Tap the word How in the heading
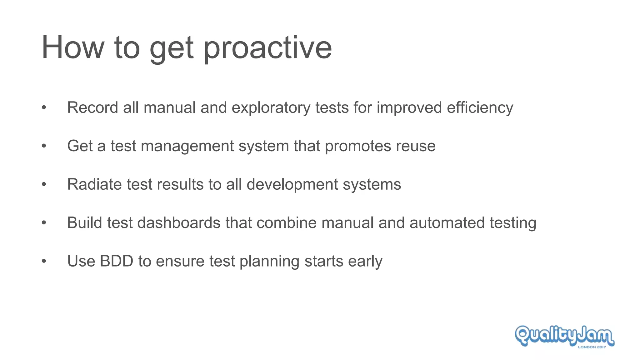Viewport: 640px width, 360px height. [x=73, y=47]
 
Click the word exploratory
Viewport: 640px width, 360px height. [x=271, y=108]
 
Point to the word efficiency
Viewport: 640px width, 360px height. [x=480, y=108]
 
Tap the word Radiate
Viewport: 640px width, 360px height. [x=94, y=184]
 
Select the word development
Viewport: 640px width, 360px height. [x=292, y=184]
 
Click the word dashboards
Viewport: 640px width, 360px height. [x=179, y=223]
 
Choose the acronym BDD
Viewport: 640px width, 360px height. [x=117, y=261]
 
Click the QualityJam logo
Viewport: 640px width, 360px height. [x=564, y=336]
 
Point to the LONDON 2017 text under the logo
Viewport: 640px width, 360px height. [x=592, y=347]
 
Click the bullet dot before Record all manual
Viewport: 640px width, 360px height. [x=44, y=108]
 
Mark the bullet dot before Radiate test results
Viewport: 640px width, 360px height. [x=44, y=184]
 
